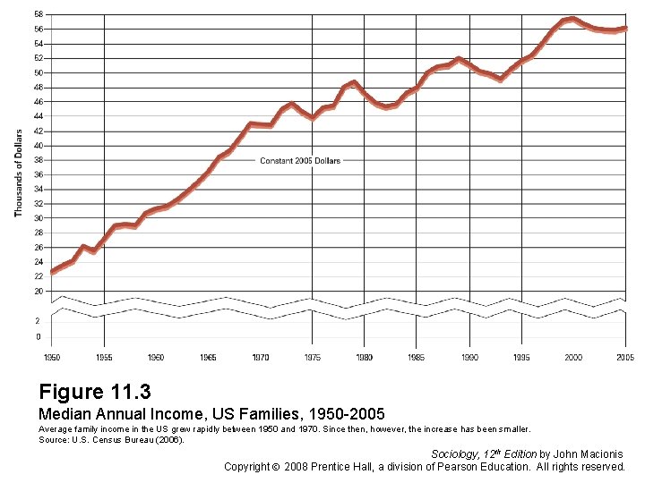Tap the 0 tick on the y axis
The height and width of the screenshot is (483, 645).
38,336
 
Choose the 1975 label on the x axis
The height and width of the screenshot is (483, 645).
312,357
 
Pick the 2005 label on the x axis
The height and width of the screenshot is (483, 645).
624,357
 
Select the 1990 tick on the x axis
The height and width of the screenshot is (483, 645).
469,357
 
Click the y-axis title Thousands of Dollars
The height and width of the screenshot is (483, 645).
18,173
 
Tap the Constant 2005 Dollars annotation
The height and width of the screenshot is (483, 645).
300,161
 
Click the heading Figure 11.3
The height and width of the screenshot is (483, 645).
95,392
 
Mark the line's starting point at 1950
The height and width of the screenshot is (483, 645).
52,271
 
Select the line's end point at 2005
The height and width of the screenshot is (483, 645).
624,29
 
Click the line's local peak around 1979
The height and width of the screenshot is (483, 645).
354,83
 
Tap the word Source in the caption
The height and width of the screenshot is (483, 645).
52,439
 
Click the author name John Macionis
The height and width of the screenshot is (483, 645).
589,454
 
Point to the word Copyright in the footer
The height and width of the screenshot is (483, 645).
248,467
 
